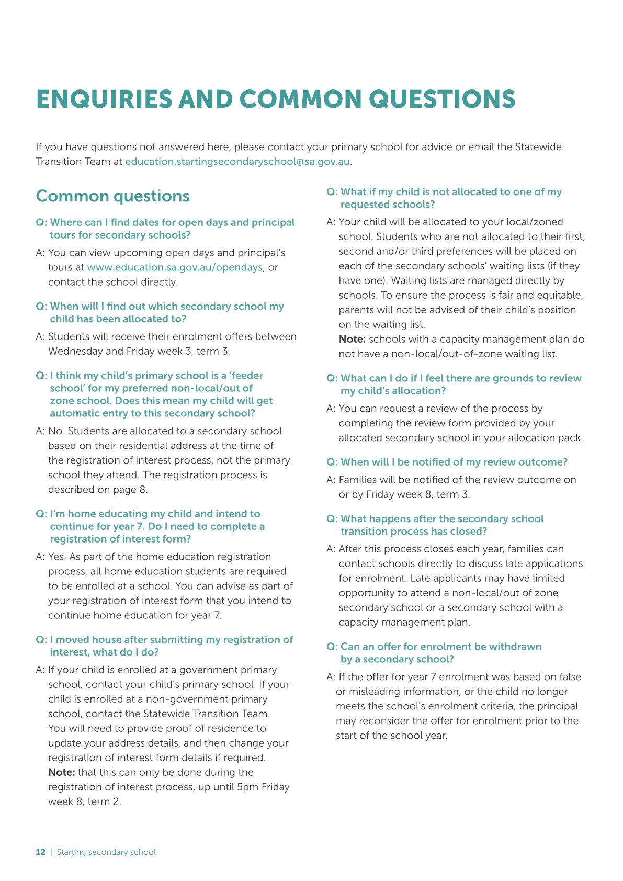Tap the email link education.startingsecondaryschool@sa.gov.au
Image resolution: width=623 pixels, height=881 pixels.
coord(237,162)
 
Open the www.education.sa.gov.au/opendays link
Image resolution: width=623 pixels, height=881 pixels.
coord(175,267)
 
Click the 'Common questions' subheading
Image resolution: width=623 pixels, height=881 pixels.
coord(112,196)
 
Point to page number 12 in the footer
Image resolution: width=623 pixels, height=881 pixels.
coord(40,852)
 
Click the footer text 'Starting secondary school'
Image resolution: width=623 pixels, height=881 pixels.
coord(106,852)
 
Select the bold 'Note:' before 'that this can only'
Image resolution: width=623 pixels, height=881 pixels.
coord(62,772)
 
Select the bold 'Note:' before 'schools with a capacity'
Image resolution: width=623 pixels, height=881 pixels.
coord(352,339)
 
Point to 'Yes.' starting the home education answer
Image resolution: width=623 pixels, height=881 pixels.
coord(58,557)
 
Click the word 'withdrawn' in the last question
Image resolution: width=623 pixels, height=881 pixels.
coord(515,647)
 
